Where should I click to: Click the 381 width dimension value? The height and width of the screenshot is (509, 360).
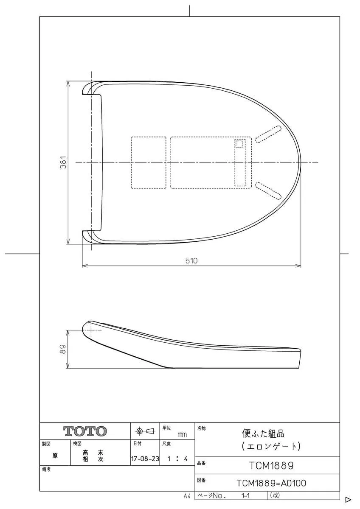pyautogui.click(x=64, y=162)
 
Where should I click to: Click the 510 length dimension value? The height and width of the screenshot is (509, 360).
pyautogui.click(x=191, y=260)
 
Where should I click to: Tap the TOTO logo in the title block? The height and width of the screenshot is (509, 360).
pyautogui.click(x=85, y=431)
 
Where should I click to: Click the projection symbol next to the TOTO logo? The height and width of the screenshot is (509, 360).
pyautogui.click(x=145, y=431)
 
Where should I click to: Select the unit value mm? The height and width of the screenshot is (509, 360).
pyautogui.click(x=182, y=435)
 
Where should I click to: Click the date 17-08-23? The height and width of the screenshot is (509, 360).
pyautogui.click(x=145, y=459)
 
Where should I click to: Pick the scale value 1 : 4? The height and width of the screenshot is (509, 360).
pyautogui.click(x=177, y=459)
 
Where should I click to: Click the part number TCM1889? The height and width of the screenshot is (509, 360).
pyautogui.click(x=271, y=466)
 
